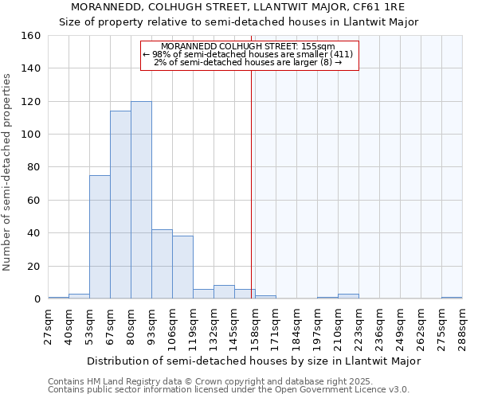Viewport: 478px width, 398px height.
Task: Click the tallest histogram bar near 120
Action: click(141, 200)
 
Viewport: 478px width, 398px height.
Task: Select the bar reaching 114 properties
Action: click(120, 205)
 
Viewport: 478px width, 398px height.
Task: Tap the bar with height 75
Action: click(100, 237)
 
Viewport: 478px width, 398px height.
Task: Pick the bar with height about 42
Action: click(162, 264)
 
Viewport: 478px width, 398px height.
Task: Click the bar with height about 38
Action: click(182, 267)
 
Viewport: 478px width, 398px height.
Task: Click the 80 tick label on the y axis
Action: click(33, 168)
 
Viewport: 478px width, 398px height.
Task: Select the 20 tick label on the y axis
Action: click(33, 267)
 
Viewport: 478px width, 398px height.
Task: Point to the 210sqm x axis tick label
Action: click(339, 326)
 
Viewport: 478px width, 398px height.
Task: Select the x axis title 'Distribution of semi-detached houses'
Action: click(253, 361)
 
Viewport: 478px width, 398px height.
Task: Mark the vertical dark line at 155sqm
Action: click(251, 183)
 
